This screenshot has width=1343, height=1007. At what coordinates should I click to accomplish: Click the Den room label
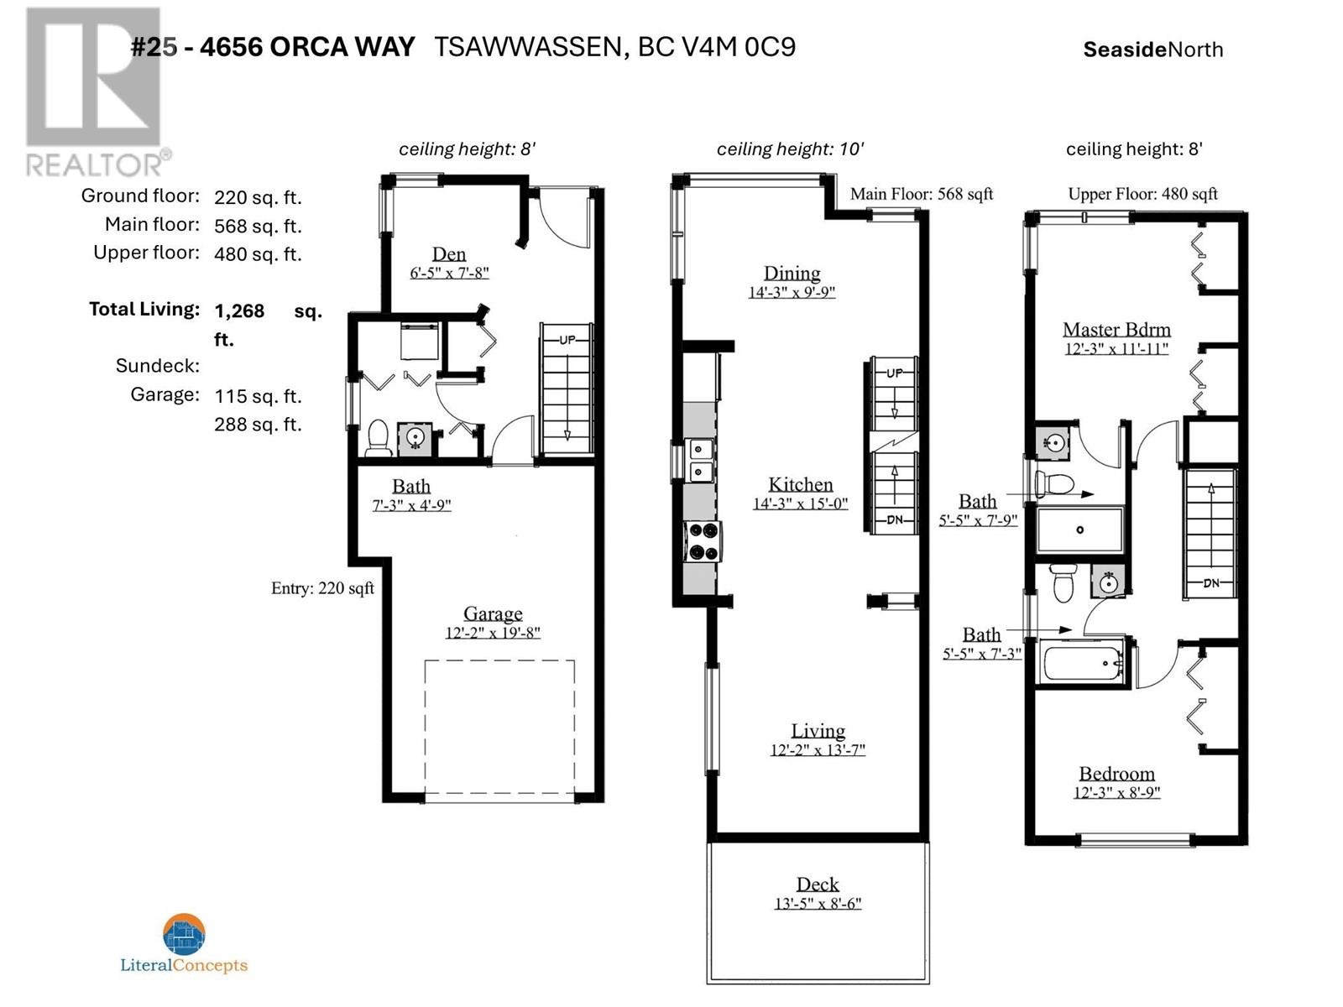(448, 253)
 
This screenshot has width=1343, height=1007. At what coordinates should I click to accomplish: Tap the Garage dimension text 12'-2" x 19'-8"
(493, 633)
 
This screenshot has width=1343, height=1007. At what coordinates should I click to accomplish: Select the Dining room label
(792, 274)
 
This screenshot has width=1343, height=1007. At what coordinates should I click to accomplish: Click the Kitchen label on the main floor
(800, 485)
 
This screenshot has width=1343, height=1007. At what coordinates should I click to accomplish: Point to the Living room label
(818, 731)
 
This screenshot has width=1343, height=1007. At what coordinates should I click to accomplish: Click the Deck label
(818, 884)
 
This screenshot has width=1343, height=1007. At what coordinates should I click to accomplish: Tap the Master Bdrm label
(1116, 330)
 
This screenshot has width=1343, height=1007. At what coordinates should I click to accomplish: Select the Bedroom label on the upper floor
(1116, 774)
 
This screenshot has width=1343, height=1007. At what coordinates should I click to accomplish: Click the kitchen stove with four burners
(703, 541)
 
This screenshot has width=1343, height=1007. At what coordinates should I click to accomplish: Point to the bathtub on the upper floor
(1083, 663)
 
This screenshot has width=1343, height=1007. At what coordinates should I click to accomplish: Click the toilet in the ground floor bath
(379, 437)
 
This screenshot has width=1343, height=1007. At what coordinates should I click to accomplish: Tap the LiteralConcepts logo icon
(184, 934)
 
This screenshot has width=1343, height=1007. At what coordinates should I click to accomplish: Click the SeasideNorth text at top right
(1152, 50)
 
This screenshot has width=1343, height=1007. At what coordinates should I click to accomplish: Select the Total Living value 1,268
(239, 311)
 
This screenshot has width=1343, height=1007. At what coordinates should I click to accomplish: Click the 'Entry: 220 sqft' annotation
(322, 588)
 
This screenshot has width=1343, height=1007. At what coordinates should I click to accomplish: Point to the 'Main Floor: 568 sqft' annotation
(922, 195)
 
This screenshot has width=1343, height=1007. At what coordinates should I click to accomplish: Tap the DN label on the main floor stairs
(895, 520)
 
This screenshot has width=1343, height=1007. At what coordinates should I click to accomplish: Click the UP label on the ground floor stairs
(567, 340)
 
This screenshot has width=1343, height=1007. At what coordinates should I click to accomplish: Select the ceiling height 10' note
(791, 149)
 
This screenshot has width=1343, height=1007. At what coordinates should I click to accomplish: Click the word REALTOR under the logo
(94, 165)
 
